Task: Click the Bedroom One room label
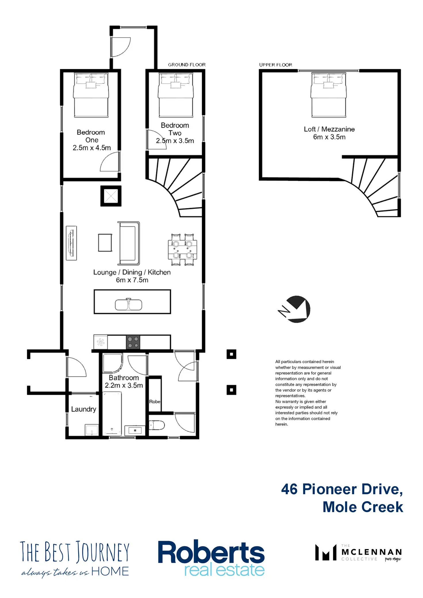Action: point(91,136)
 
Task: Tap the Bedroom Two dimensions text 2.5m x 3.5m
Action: point(175,141)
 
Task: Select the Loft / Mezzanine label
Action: point(329,129)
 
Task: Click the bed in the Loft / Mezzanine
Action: point(329,95)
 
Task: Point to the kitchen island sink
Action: point(128,304)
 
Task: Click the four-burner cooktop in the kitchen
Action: point(133,342)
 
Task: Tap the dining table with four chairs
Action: point(182,249)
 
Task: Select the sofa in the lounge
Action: point(128,243)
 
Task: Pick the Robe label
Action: point(155,402)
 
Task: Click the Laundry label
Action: point(84,409)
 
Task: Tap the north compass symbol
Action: point(295,309)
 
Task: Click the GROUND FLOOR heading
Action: point(187,65)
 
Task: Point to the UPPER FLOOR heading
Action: point(276,65)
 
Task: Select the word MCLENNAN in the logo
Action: point(372,552)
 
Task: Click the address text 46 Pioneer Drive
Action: point(342,489)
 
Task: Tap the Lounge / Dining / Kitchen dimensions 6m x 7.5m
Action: point(132,280)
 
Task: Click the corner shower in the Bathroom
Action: point(113,363)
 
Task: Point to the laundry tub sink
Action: point(92,430)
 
